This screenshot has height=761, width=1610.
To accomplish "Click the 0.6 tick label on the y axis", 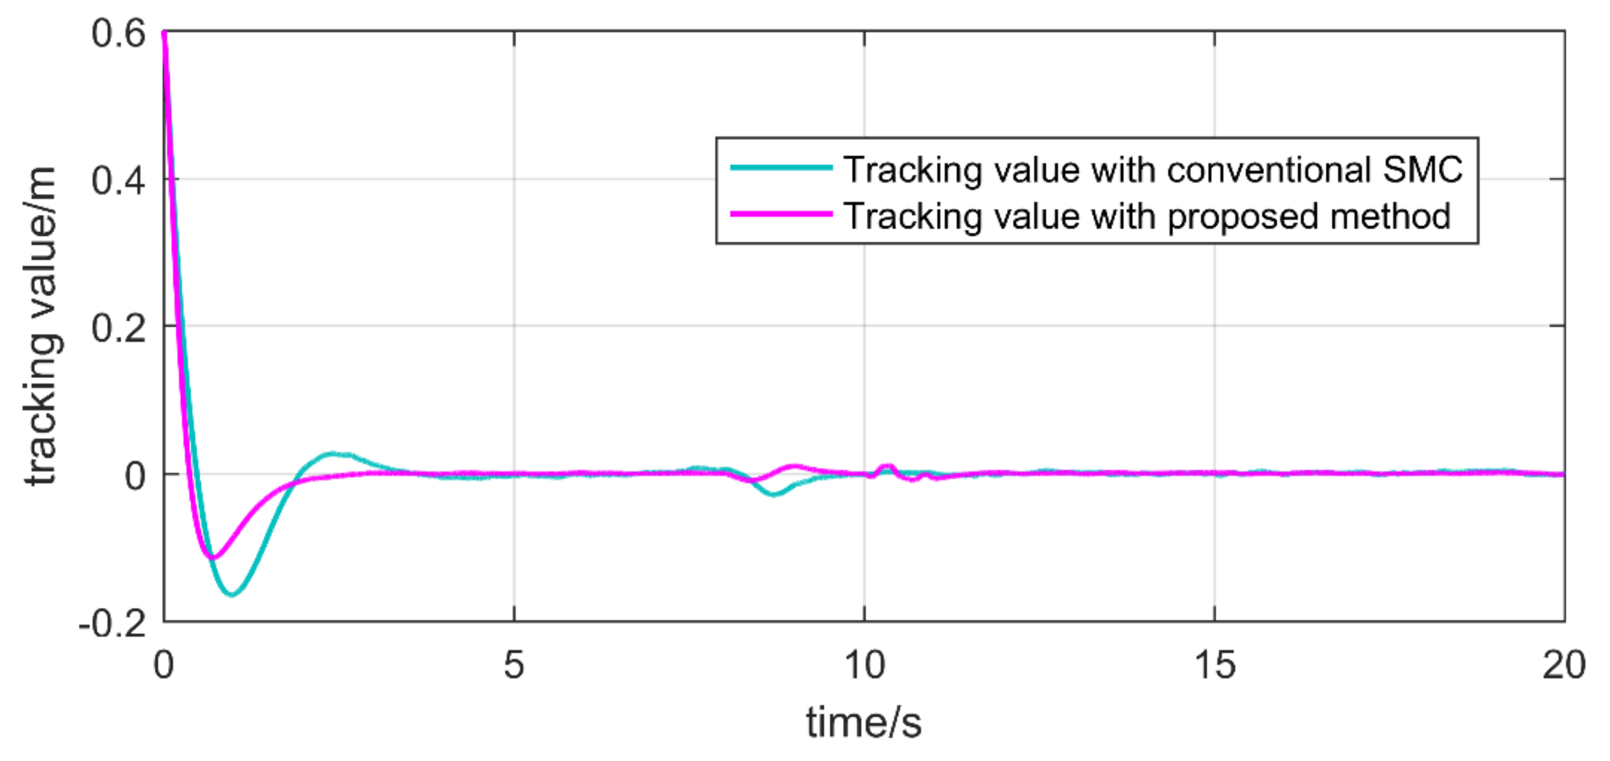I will [119, 33].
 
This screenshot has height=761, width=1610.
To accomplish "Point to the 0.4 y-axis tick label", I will [119, 180].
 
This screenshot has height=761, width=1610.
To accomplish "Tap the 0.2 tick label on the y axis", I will [119, 327].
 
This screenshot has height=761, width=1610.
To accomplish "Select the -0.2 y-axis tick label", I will [113, 623].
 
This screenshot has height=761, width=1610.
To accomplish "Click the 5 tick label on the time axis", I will [514, 665].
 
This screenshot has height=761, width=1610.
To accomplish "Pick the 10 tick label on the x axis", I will [865, 665].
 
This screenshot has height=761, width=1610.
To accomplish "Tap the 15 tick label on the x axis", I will [1215, 665].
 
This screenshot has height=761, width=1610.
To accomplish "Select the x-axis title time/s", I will [864, 722].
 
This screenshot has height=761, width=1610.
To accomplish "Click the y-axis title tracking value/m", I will [43, 326].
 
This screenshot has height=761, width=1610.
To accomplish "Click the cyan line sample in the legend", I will [781, 167].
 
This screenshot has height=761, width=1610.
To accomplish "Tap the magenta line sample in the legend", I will [781, 214].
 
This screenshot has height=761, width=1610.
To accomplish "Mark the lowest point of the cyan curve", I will [232, 594].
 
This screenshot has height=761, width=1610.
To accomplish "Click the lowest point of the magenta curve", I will [213, 557].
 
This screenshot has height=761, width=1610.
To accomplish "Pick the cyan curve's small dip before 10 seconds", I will [774, 494].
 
